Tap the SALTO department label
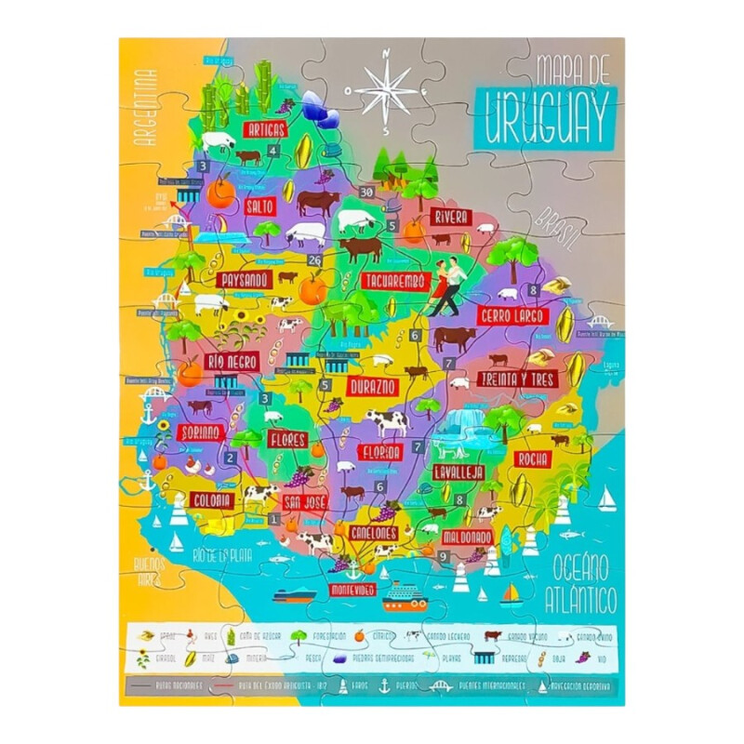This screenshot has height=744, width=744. pos(259,206)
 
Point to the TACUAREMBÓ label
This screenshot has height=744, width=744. pos(395,281)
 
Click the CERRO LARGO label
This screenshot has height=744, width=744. pos(511,316)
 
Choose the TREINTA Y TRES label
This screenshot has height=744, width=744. pos(516,379)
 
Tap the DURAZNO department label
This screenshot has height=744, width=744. pos(374,385)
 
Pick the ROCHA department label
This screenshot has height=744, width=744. pos(533,459)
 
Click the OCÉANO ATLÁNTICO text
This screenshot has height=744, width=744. pos(584,581)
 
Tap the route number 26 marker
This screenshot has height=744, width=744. pos(315,260)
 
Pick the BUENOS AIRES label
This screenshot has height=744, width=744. pos(149,568)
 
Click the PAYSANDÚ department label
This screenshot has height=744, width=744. pos(244,279)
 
